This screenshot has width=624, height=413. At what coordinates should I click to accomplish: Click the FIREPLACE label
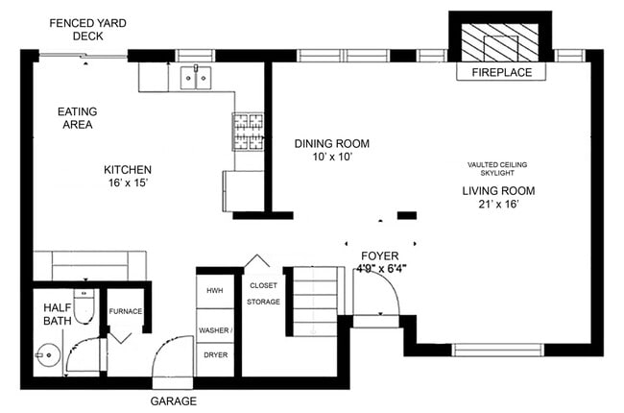tap(501, 72)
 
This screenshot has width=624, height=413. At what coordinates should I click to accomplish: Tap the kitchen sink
tap(196, 78)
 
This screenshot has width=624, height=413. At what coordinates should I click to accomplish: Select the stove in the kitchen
tap(249, 132)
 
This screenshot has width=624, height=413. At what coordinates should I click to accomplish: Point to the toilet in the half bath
tap(84, 306)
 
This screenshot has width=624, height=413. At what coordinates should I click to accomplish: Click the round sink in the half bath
tap(48, 354)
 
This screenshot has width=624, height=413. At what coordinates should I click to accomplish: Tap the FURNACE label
tap(126, 311)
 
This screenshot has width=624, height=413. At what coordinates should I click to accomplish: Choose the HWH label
tap(214, 291)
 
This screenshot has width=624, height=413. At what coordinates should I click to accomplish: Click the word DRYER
tap(216, 354)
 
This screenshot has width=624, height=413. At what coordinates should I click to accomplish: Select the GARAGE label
tap(174, 401)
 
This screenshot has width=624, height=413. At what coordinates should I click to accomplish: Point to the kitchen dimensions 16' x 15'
tap(128, 182)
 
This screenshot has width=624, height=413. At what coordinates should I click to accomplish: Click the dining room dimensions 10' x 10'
tap(333, 157)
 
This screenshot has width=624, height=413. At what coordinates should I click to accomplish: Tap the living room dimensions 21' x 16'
tap(498, 204)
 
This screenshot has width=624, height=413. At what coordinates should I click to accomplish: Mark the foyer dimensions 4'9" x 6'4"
tap(381, 268)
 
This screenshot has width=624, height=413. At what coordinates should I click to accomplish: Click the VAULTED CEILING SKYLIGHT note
tap(497, 168)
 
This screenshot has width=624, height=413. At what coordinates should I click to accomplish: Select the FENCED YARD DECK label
tap(88, 30)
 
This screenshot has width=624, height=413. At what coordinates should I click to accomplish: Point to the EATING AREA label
tap(77, 118)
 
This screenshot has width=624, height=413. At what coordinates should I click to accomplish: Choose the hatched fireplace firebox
tap(500, 42)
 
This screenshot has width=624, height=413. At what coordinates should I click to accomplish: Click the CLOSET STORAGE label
tap(263, 294)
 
